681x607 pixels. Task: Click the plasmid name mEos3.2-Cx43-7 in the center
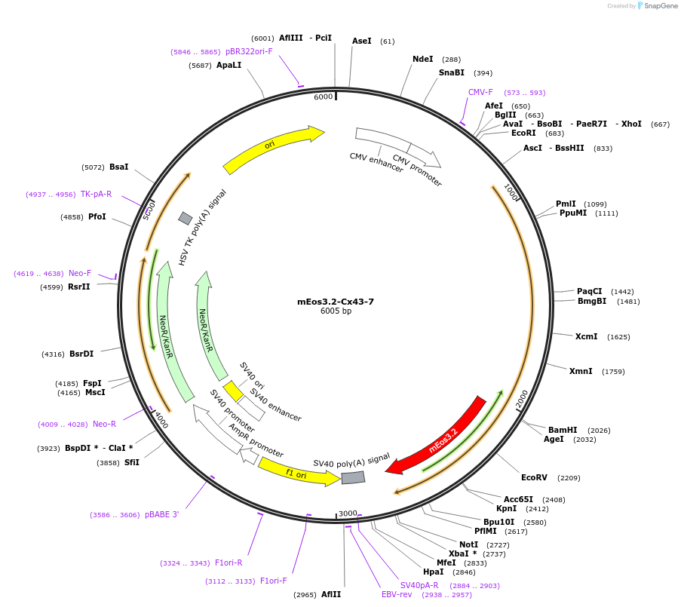336,302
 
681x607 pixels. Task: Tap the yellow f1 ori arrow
298,472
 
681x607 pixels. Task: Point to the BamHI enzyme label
563,430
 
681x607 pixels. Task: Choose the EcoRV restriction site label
534,477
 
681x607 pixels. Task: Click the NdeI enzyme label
423,59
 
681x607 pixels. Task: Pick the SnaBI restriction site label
452,72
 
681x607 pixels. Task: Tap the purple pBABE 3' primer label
162,515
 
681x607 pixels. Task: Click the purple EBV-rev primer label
397,594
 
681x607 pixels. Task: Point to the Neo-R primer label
104,424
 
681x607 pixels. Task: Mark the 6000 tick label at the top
323,97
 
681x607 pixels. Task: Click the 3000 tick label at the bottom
348,513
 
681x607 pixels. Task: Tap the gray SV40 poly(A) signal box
353,477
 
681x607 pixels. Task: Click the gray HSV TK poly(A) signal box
185,218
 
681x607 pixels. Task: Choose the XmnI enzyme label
581,371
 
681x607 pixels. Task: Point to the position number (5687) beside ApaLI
200,66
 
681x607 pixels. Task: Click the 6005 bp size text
336,311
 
